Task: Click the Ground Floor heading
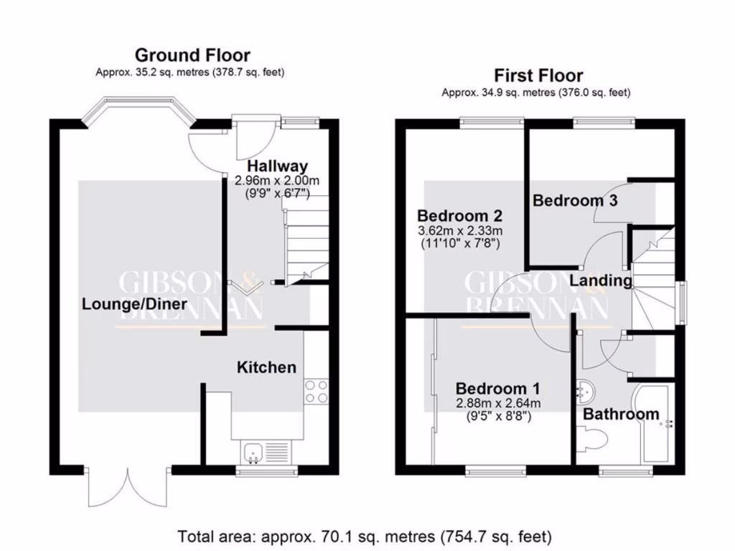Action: point(192,55)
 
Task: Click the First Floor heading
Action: point(538,76)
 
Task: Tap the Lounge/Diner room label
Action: point(134,304)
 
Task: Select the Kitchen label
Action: point(266,367)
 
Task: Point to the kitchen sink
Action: point(253,451)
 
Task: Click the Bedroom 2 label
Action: point(459,216)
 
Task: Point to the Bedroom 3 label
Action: point(574,201)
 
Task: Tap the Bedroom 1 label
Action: point(493,388)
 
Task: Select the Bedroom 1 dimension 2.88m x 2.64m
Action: point(493,403)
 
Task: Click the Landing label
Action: point(601,281)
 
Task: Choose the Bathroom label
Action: point(620,414)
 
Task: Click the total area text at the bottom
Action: point(365,535)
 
